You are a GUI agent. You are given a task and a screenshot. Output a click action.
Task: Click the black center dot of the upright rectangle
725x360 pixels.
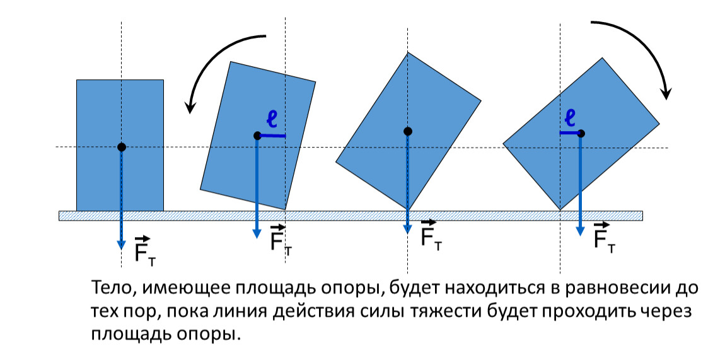click(122, 147)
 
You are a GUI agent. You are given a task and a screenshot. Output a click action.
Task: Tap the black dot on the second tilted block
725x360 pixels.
click(258, 136)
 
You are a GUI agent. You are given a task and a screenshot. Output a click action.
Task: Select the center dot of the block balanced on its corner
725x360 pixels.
click(407, 131)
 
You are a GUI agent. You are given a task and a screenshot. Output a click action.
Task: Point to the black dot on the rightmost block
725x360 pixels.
click(581, 133)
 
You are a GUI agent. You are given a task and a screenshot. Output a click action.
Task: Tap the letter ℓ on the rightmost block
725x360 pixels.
click(571, 118)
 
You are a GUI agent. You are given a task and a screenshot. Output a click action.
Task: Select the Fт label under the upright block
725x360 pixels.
click(145, 251)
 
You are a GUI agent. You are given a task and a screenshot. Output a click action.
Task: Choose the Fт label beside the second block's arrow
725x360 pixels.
click(281, 240)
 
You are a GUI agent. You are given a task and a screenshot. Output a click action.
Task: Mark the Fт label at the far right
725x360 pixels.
click(605, 238)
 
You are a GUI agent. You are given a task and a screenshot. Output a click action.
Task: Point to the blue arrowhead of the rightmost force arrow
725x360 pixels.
click(580, 231)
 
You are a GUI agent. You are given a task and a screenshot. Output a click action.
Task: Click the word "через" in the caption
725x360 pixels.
click(665, 313)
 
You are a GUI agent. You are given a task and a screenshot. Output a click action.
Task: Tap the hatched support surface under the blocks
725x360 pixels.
click(351, 216)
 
